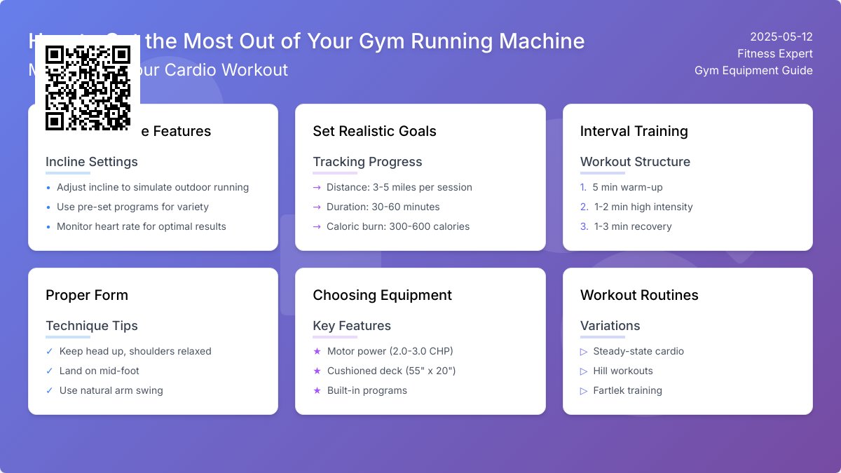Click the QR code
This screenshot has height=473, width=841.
(88, 88)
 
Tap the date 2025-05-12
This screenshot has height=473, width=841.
(781, 37)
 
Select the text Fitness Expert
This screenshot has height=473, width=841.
(774, 54)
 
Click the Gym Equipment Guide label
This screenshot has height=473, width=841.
(753, 71)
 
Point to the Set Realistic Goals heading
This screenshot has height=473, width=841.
(374, 131)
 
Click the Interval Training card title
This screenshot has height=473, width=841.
(634, 131)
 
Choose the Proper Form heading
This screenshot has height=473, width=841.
(87, 295)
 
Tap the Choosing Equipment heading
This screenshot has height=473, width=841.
(382, 295)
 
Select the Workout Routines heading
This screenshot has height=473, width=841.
(639, 295)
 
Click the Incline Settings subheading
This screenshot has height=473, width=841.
(92, 162)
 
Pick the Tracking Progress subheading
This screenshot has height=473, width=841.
(367, 162)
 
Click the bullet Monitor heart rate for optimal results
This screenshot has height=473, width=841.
(142, 226)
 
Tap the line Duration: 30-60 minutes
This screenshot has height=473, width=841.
(383, 207)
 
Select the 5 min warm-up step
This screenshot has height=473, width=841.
(627, 187)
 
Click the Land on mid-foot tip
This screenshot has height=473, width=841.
(100, 371)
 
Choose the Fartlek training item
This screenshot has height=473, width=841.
(627, 390)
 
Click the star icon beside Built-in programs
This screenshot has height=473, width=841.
(317, 390)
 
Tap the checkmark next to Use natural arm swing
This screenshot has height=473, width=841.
(49, 390)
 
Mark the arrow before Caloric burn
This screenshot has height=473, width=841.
(317, 226)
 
